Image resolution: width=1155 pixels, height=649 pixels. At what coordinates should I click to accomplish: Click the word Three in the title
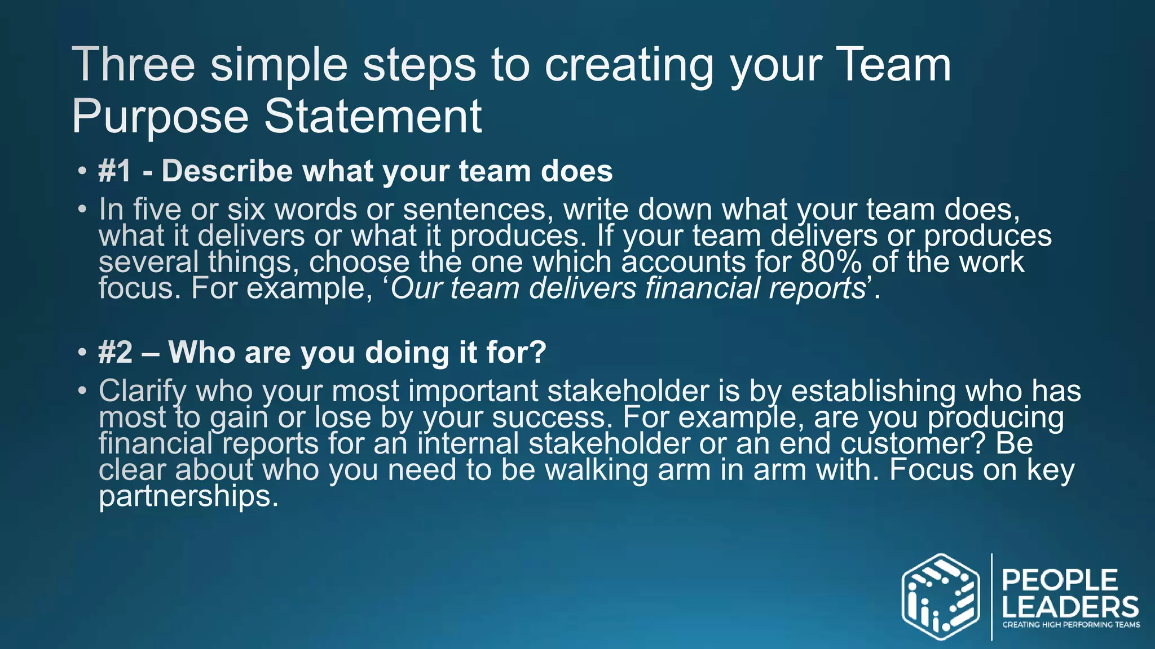(133, 65)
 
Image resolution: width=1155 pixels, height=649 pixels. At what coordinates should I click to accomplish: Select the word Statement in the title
(373, 116)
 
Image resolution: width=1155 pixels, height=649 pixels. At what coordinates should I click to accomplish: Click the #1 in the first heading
(115, 171)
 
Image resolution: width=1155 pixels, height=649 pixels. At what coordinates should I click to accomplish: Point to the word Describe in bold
(227, 171)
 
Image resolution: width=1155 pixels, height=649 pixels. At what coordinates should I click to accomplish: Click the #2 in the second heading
(115, 353)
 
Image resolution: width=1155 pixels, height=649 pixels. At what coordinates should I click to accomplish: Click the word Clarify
(143, 391)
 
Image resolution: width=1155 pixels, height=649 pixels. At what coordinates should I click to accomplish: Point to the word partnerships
(188, 497)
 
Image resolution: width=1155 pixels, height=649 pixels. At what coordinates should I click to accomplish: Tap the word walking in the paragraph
(596, 470)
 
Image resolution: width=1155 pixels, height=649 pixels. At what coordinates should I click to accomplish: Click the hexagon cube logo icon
(940, 597)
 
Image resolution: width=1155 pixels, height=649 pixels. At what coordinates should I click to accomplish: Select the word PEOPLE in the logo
(1060, 580)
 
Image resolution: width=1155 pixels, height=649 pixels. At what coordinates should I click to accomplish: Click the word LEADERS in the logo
(1070, 607)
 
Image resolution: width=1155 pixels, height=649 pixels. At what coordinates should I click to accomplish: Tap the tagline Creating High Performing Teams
(1071, 624)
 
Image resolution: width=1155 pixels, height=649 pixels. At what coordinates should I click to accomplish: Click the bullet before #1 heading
(82, 171)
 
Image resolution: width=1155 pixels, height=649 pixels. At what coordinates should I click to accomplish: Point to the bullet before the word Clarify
(82, 390)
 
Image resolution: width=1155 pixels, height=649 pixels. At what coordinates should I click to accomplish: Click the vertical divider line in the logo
(991, 597)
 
